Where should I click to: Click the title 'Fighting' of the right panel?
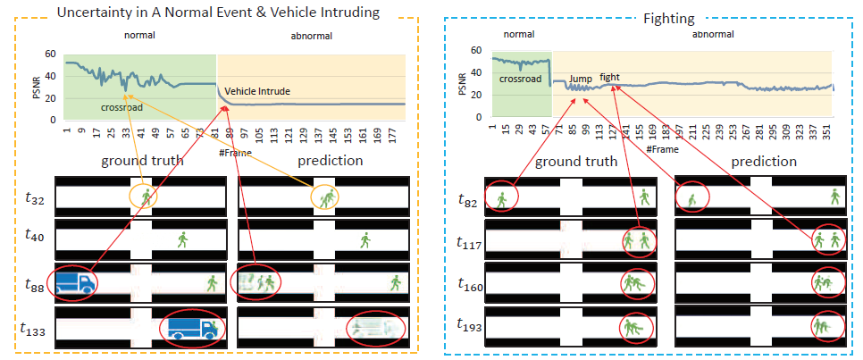tap(650, 16)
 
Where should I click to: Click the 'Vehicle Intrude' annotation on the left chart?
tap(256, 91)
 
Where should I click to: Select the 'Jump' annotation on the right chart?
tap(581, 78)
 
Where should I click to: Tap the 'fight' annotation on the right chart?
tap(609, 77)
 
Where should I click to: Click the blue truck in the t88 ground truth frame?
tap(76, 282)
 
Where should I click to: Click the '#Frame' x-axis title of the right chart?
tap(661, 149)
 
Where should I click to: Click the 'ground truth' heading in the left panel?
tap(142, 162)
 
